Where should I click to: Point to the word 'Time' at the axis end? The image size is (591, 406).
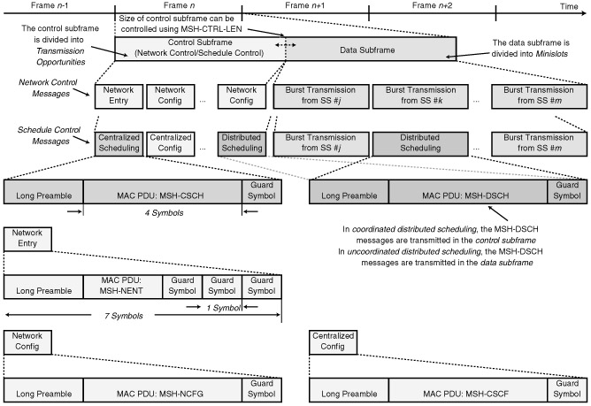[572, 5]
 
